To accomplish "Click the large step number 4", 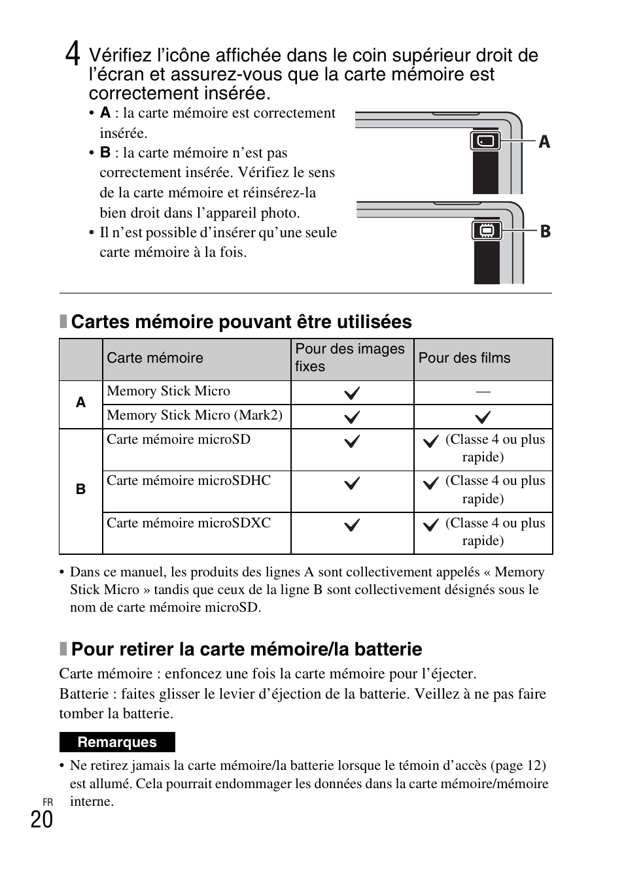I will coord(73,54).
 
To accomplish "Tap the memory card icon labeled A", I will coord(485,141).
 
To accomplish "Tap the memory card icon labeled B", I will coord(486,231).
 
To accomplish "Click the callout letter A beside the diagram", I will coord(544,142).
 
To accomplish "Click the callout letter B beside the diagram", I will coord(545,231).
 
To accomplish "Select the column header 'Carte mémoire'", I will coord(155,358).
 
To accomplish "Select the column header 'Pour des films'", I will coord(464,358).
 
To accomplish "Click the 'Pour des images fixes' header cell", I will coord(350,357).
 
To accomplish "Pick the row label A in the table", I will coord(80,403).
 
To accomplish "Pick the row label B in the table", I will coord(80,489).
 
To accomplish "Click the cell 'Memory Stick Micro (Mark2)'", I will coord(194,416).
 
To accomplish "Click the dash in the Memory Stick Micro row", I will coord(483,391).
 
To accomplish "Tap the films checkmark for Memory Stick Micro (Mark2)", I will coord(483,417).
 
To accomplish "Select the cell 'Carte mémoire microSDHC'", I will coord(188,481).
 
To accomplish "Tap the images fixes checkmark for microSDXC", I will coord(352,525).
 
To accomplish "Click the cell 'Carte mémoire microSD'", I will coord(179,439).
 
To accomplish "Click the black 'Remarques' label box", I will coord(117,742).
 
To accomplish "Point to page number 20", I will coord(41,819).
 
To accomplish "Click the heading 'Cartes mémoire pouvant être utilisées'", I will coord(241,322).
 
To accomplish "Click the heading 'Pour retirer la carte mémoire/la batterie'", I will coord(246,649).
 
